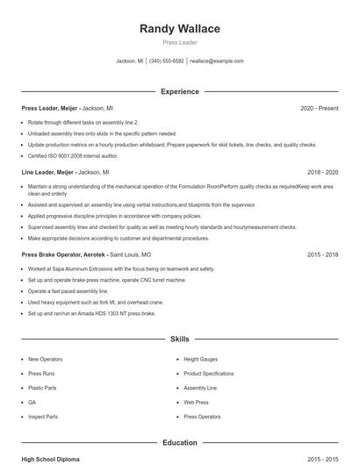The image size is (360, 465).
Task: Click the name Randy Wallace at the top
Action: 180,29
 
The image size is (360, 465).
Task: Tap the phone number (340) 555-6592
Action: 166,61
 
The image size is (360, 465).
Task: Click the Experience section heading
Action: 180,91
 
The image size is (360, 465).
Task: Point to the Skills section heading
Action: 180,339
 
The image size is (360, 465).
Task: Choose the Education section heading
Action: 180,443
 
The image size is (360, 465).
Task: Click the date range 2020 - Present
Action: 319,108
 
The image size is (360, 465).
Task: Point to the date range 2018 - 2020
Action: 322,173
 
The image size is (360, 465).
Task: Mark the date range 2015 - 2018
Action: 322,254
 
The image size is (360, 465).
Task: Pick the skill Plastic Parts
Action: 42,388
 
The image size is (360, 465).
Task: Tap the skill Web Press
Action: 196,402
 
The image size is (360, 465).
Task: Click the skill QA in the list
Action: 32,402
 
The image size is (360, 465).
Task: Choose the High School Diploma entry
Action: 51,459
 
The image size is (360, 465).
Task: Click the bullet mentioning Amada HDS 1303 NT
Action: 91,313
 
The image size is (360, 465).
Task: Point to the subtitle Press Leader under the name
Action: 180,42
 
